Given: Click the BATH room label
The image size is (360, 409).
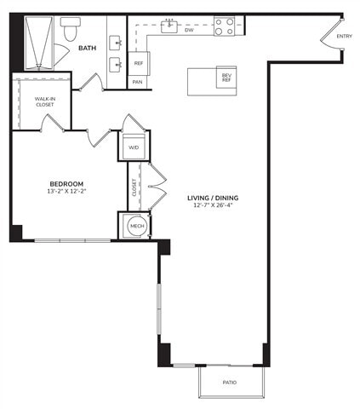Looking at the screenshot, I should (88, 49).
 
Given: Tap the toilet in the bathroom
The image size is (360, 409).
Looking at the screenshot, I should (70, 29).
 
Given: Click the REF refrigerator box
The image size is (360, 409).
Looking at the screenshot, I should (138, 63).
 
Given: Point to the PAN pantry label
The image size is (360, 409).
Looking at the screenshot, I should (138, 82).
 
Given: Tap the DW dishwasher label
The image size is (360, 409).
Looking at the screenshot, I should (189, 30).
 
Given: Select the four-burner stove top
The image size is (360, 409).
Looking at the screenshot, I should (224, 27).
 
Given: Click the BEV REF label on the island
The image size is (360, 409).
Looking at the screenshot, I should (226, 78).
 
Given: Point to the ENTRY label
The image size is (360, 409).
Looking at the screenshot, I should (344, 36).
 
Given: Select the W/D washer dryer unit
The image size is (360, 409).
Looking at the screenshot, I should (134, 146).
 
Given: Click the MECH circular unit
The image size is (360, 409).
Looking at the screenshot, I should (134, 226).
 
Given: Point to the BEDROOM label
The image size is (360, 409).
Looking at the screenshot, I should (66, 183).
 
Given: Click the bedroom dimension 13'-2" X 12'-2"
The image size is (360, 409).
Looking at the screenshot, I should (66, 193).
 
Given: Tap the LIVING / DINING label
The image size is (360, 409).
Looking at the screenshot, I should (213, 198).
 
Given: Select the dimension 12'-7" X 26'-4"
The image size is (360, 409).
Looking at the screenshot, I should (213, 207).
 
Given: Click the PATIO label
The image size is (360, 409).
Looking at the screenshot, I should (230, 382).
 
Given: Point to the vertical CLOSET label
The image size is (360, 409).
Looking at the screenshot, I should (134, 187).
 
